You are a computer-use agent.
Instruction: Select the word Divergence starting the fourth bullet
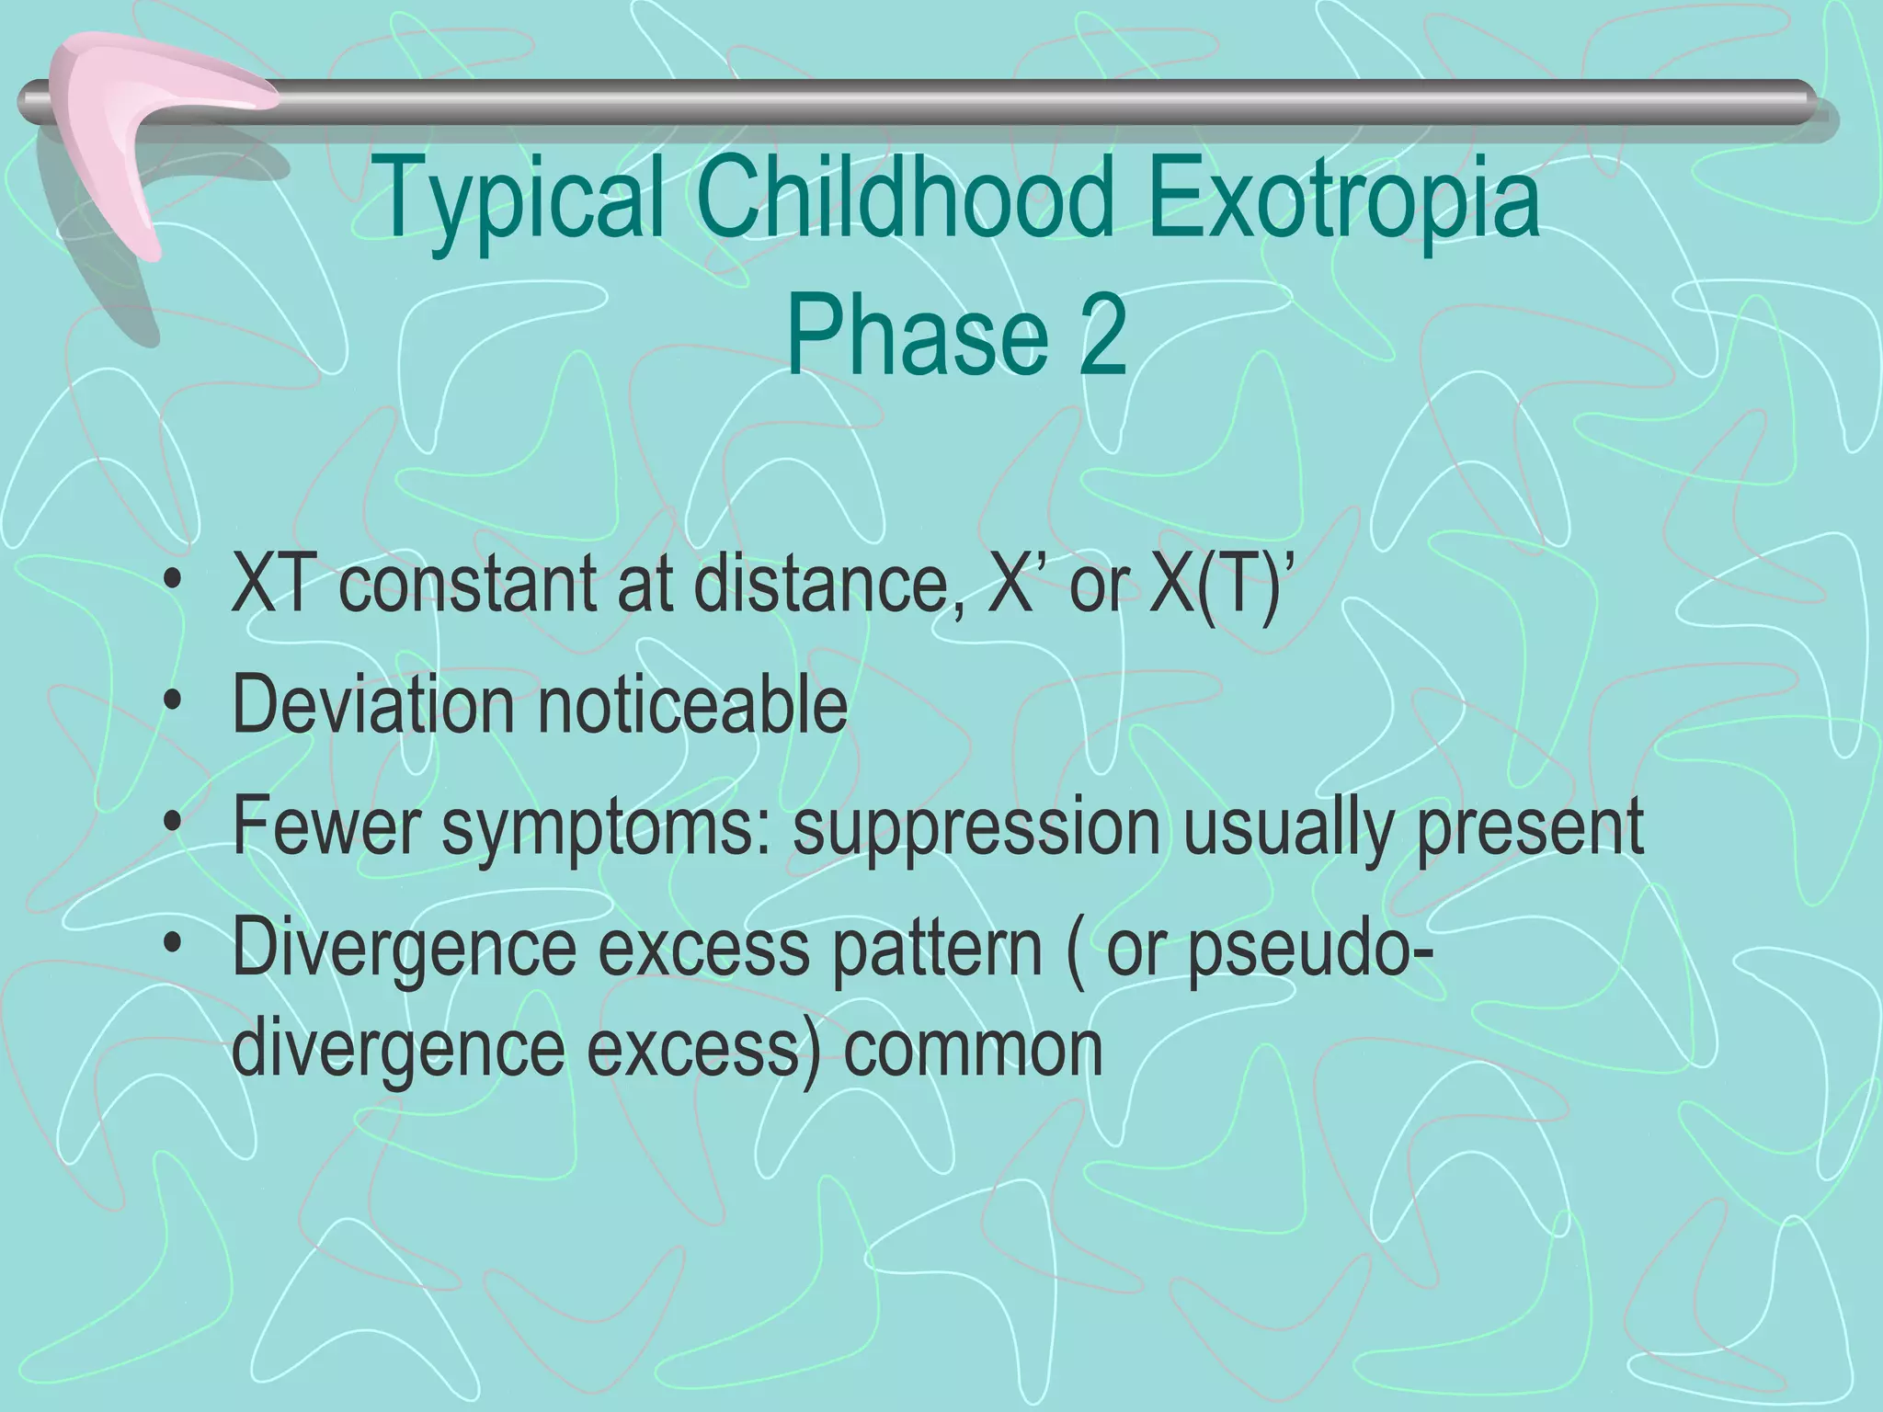click(x=404, y=949)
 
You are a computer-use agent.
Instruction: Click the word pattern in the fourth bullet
click(x=937, y=949)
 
